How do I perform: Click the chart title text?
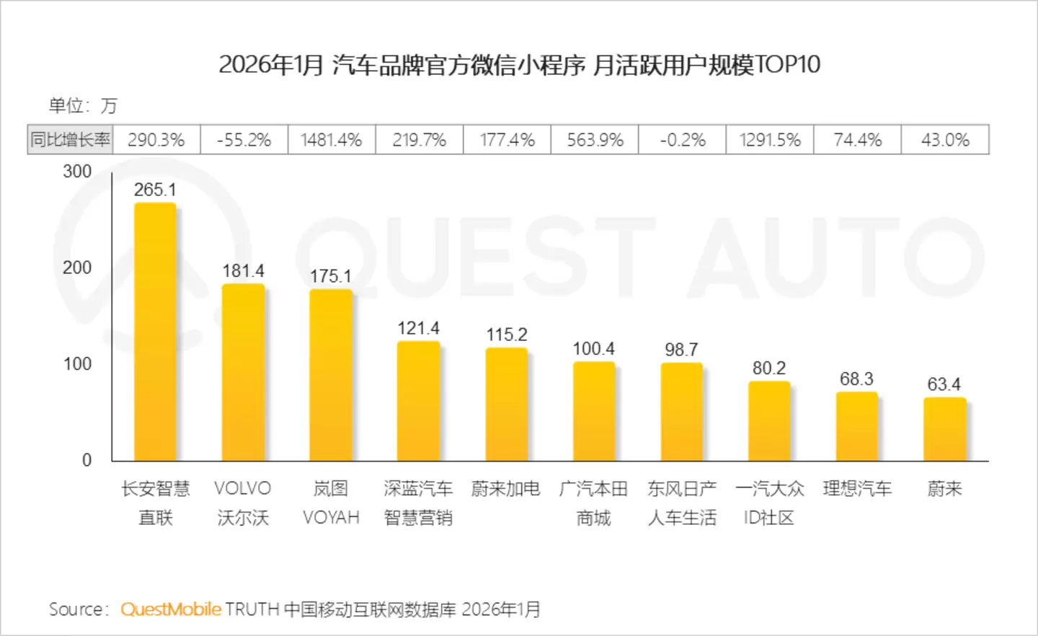pyautogui.click(x=519, y=65)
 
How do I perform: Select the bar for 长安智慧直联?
pyautogui.click(x=155, y=332)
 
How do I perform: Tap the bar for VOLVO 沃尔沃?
pyautogui.click(x=243, y=372)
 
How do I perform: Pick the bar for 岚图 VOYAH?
pyautogui.click(x=331, y=375)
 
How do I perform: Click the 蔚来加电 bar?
pyautogui.click(x=506, y=404)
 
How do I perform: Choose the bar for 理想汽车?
pyautogui.click(x=857, y=426)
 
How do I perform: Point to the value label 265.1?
pyautogui.click(x=155, y=190)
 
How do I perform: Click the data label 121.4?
pyautogui.click(x=418, y=328)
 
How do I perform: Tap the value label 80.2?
pyautogui.click(x=769, y=368)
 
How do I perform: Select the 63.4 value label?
pyautogui.click(x=944, y=384)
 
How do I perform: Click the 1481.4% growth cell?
pyautogui.click(x=331, y=140)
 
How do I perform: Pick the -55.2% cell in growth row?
pyautogui.click(x=244, y=140)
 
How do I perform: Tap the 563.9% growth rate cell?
pyautogui.click(x=595, y=140)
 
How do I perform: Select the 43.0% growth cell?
pyautogui.click(x=945, y=140)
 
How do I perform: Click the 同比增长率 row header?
pyautogui.click(x=70, y=140)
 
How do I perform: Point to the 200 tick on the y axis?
pyautogui.click(x=77, y=268)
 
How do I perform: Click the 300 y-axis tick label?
pyautogui.click(x=77, y=172)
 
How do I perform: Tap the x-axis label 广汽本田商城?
pyautogui.click(x=594, y=503)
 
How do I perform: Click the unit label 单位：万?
pyautogui.click(x=82, y=106)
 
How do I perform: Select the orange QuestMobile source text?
pyautogui.click(x=171, y=609)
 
